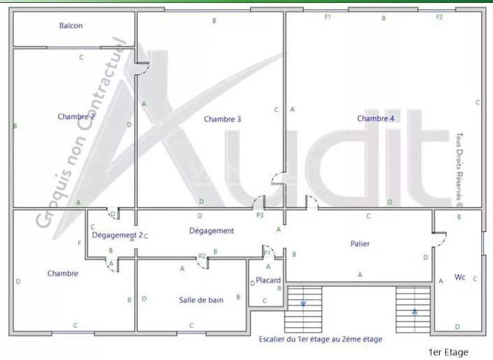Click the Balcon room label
(x=71, y=26)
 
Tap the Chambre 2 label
(x=76, y=117)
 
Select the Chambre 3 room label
(x=222, y=119)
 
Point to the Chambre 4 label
(x=376, y=118)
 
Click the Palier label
(x=360, y=243)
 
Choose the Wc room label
(x=459, y=278)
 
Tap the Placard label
(x=268, y=280)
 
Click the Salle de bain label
(x=201, y=300)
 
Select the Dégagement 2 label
(x=117, y=235)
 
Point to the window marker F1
(x=327, y=17)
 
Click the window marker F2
(x=439, y=17)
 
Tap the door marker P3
(x=259, y=215)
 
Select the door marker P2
(x=201, y=257)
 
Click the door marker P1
(x=266, y=252)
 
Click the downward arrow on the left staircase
(x=304, y=304)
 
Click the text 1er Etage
(x=448, y=352)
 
